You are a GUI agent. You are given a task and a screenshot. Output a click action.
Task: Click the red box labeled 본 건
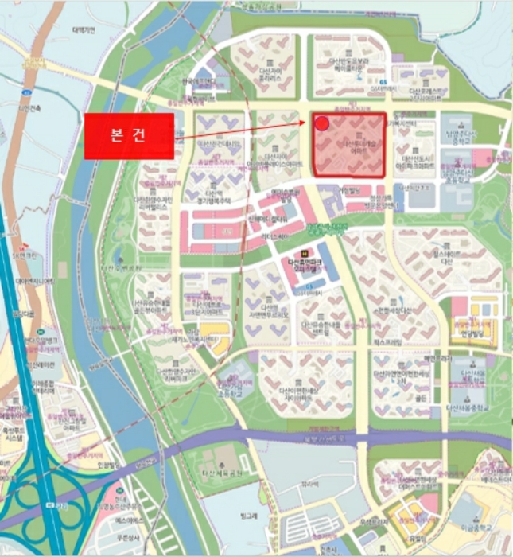(x=128, y=135)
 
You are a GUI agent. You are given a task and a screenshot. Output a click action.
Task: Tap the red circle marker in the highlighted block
(x=321, y=123)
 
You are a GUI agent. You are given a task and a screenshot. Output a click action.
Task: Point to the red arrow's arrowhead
(x=307, y=123)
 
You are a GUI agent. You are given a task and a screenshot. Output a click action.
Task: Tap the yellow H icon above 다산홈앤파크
(x=292, y=253)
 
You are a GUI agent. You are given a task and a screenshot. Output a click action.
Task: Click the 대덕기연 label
(x=83, y=30)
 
